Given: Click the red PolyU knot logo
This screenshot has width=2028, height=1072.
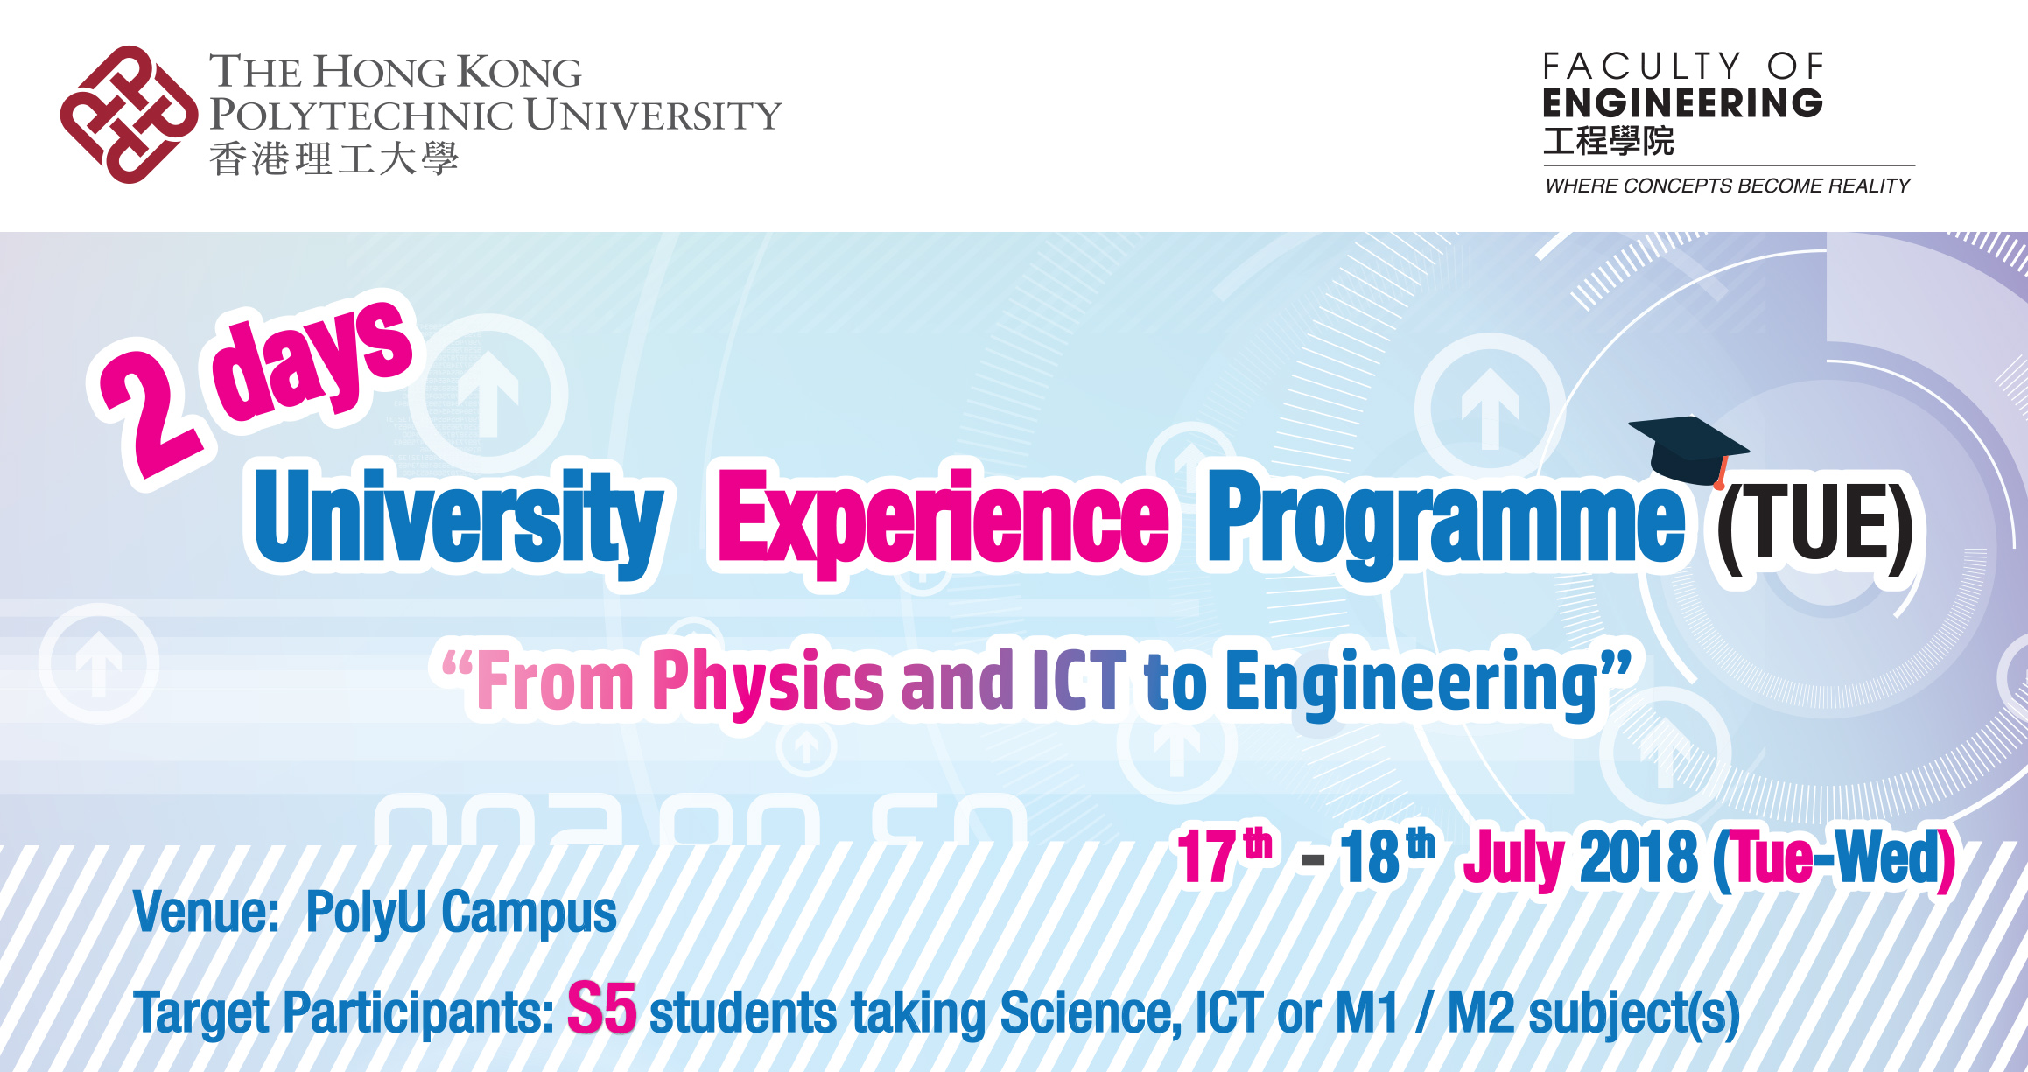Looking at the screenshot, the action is point(129,115).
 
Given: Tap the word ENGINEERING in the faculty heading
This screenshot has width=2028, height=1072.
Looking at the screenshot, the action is point(1682,103).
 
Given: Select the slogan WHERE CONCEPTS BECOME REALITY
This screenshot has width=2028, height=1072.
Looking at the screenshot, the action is point(1728,186).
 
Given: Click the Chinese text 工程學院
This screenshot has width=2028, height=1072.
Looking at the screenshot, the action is point(1609,141).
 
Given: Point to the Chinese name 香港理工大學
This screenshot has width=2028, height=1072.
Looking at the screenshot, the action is point(333,159).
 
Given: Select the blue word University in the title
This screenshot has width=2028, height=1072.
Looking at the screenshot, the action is point(458,520).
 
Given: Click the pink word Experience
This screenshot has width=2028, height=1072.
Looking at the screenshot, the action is point(943,520).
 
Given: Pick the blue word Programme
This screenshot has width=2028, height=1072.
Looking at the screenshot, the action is point(1446,522).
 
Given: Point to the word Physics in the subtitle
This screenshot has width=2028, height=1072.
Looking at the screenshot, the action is point(768,682).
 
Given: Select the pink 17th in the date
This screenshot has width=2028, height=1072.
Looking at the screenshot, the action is point(1224,855).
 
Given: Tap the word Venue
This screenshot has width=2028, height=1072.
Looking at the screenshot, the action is point(206,912).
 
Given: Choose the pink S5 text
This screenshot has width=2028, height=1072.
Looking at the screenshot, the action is point(601,1008).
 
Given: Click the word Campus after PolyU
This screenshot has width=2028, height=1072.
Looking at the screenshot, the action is point(529,915).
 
